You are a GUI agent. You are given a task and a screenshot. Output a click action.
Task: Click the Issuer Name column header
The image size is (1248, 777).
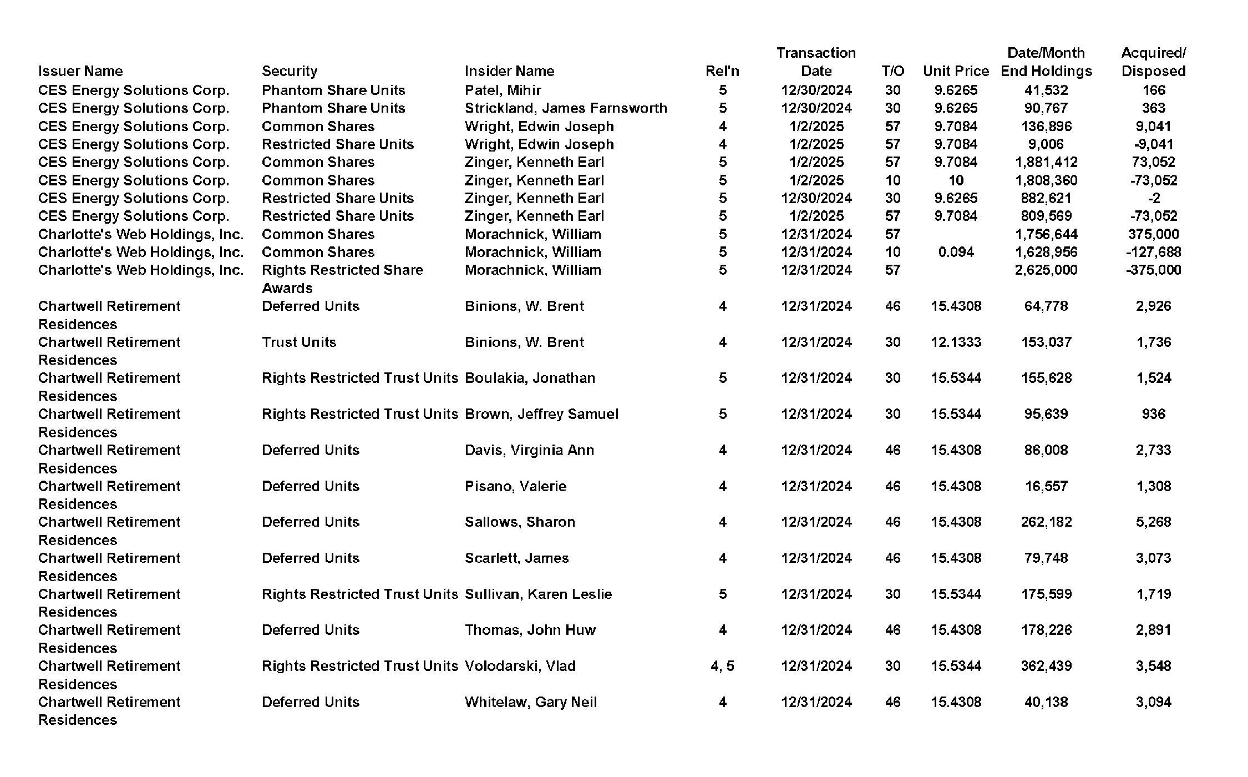point(80,71)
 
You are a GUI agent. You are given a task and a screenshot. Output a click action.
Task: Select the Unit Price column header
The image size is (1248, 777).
point(956,71)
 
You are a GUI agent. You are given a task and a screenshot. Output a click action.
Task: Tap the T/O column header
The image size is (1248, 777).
point(892,71)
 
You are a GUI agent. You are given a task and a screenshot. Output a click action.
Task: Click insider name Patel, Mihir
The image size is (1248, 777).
point(503,90)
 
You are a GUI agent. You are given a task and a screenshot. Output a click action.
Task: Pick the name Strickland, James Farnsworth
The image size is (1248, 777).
point(566,108)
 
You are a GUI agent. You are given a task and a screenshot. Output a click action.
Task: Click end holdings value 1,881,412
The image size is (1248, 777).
point(1046,162)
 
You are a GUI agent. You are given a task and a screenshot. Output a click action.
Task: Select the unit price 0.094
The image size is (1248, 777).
point(956,252)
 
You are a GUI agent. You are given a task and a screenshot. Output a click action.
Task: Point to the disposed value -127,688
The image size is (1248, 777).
point(1153,252)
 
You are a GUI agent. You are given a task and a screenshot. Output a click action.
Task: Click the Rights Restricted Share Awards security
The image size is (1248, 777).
point(342,279)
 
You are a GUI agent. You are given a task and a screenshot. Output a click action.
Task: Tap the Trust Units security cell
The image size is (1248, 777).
point(299,342)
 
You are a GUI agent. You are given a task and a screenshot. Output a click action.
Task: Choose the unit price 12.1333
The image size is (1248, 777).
point(956,342)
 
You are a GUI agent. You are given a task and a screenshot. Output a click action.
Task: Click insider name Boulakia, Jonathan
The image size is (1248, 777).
point(530,378)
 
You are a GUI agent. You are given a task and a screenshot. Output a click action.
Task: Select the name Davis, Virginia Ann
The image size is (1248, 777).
point(529,450)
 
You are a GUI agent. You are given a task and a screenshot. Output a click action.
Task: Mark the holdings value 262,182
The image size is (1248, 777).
point(1046,522)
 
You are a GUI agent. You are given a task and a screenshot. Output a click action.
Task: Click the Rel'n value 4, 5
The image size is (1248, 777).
point(722,666)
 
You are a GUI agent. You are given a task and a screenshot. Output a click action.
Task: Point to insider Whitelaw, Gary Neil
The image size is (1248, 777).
point(531,702)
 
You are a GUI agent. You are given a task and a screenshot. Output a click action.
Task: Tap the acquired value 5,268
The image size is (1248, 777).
point(1153,522)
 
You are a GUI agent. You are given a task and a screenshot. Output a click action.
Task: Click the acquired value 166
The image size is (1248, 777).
point(1153,90)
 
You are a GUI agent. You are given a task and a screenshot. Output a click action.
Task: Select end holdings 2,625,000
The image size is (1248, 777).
point(1046,270)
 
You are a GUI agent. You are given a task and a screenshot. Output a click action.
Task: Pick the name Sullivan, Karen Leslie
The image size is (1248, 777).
point(538,594)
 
